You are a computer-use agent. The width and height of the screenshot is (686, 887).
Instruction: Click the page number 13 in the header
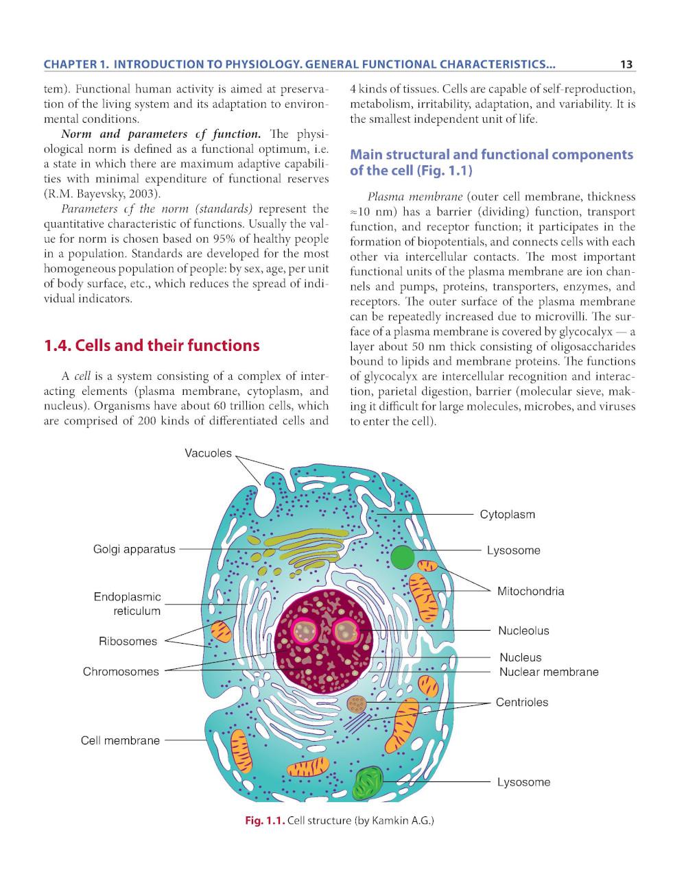click(x=626, y=64)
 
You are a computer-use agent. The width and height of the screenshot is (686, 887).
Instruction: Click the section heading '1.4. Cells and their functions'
click(x=152, y=345)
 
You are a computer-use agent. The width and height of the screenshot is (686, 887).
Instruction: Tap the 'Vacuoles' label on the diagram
click(x=208, y=453)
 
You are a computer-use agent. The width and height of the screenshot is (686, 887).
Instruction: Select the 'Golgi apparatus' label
click(x=134, y=549)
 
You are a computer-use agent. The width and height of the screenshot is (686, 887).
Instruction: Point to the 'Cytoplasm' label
click(x=507, y=514)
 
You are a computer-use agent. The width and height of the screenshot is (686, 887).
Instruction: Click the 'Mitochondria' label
click(x=530, y=591)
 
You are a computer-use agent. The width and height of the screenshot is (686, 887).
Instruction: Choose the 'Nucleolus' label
click(x=523, y=631)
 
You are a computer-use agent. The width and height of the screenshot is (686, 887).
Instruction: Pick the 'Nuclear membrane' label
click(x=549, y=672)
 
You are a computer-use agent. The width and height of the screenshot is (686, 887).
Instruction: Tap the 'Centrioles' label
click(x=522, y=702)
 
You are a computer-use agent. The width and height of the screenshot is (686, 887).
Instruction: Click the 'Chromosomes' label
click(x=121, y=672)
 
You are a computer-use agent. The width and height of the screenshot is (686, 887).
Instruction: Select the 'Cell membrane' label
click(x=120, y=740)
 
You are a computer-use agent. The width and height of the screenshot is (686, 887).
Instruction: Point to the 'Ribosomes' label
click(x=128, y=642)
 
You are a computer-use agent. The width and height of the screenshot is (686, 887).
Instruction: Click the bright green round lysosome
click(x=403, y=557)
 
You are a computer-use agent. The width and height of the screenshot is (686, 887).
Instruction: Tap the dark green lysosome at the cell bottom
click(x=368, y=782)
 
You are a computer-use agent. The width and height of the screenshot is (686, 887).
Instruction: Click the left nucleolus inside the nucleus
click(x=305, y=631)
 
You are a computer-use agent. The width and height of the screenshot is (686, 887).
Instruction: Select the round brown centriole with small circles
click(x=357, y=704)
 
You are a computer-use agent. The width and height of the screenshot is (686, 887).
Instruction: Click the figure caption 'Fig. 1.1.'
click(x=265, y=820)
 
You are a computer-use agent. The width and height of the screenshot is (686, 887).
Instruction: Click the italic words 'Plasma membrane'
click(x=415, y=197)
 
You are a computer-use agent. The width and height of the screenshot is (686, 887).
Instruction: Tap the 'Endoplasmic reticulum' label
click(x=127, y=604)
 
